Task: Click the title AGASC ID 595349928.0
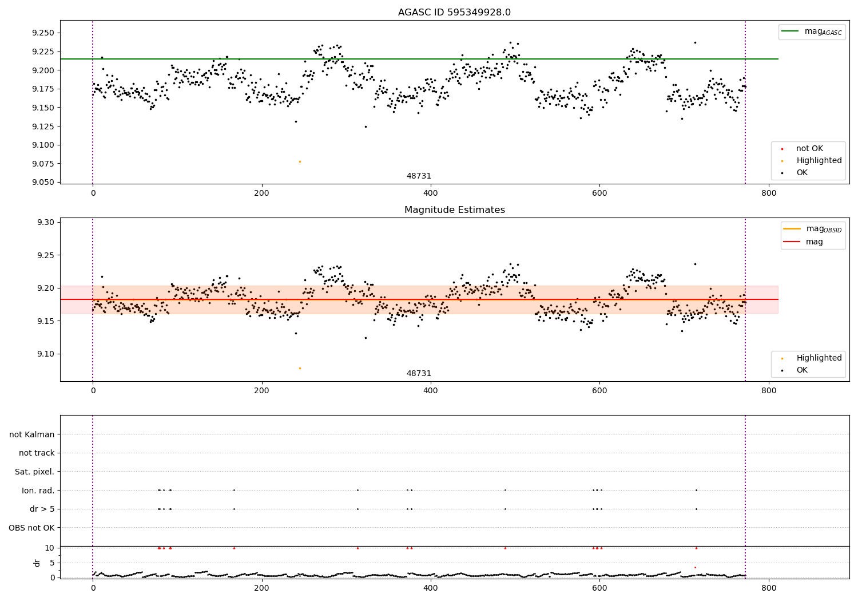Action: click(454, 12)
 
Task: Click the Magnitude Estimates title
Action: click(455, 209)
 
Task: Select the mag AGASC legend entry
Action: click(812, 31)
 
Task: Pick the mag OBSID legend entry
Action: click(812, 229)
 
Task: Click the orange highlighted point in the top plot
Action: click(300, 162)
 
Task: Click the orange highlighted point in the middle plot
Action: click(300, 369)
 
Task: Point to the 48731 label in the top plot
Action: click(419, 176)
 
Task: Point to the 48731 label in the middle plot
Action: click(419, 373)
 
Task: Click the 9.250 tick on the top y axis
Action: click(43, 33)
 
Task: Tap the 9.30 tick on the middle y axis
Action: click(45, 222)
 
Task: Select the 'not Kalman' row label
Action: click(32, 434)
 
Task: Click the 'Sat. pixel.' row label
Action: click(34, 472)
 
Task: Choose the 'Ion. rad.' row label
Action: click(38, 490)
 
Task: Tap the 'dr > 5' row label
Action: click(42, 509)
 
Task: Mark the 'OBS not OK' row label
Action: click(31, 528)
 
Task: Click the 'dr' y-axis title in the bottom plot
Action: click(37, 563)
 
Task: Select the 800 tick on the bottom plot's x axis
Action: click(769, 588)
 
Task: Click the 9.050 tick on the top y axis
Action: click(43, 183)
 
